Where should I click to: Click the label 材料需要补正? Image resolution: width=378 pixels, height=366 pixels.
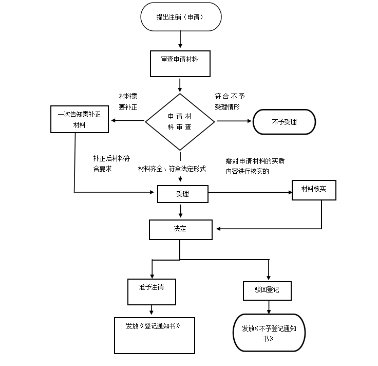point(128,102)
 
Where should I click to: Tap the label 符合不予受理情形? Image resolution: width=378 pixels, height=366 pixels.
point(230,102)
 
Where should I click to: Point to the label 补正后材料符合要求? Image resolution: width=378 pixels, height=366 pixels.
point(111,163)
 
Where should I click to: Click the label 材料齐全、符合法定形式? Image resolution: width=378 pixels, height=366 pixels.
point(172,169)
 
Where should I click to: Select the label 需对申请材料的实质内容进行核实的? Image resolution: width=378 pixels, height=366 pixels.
point(255,166)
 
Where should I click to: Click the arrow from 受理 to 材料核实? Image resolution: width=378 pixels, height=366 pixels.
point(250,193)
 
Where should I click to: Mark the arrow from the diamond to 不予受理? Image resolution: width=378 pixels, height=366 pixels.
point(234,121)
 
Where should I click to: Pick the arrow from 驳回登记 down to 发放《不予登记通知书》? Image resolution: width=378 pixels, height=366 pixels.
point(269,307)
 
